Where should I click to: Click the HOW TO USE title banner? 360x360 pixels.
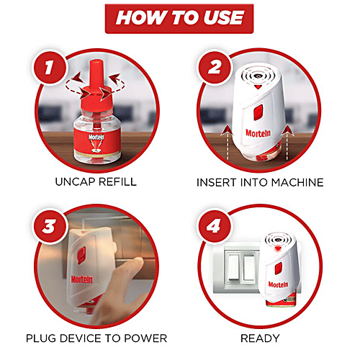(180, 17)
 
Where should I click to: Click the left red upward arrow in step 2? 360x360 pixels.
(230, 131)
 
